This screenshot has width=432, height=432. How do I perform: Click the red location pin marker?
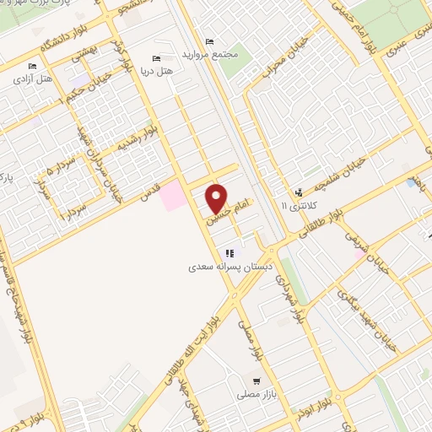click(218, 197)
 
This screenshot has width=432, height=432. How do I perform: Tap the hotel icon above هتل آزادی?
click(33, 66)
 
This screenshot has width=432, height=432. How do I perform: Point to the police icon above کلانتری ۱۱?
click(298, 193)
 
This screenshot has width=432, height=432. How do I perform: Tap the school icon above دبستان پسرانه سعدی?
click(229, 252)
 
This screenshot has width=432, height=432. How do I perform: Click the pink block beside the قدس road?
click(173, 195)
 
